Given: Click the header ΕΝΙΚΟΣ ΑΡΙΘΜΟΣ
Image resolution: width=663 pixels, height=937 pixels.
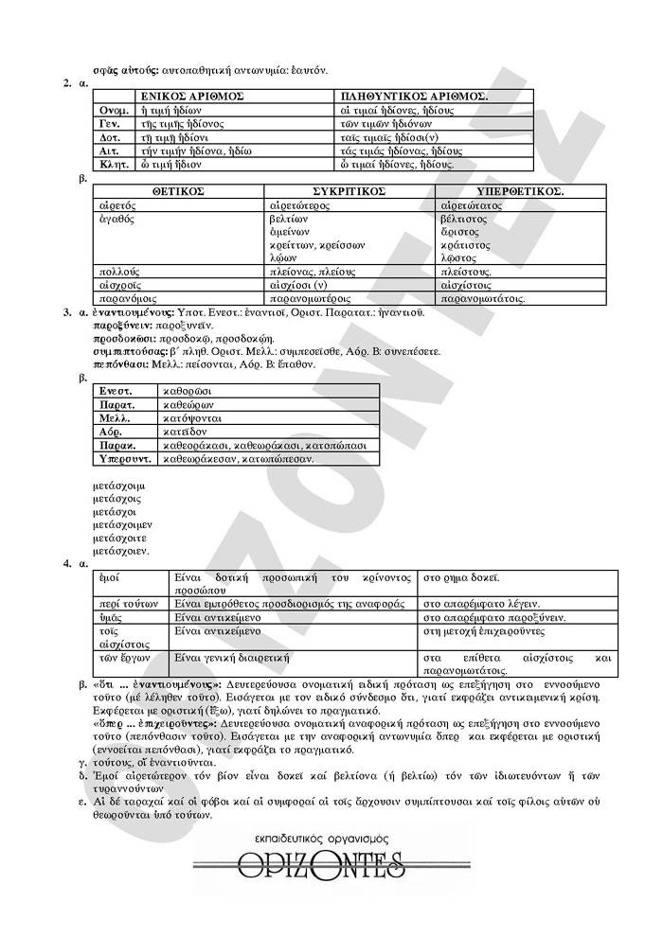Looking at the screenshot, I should tap(192, 97).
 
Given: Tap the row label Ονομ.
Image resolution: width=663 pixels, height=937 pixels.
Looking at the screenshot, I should tap(108, 110).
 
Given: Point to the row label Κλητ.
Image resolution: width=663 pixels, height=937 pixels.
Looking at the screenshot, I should tap(108, 164).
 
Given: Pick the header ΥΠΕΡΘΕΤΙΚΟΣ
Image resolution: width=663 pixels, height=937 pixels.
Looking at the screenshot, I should tap(503, 190).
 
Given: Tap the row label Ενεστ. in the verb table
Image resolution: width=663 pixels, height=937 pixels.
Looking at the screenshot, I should tap(116, 390).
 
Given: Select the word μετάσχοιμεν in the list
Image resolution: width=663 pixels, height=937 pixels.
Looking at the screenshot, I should tap(124, 523).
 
